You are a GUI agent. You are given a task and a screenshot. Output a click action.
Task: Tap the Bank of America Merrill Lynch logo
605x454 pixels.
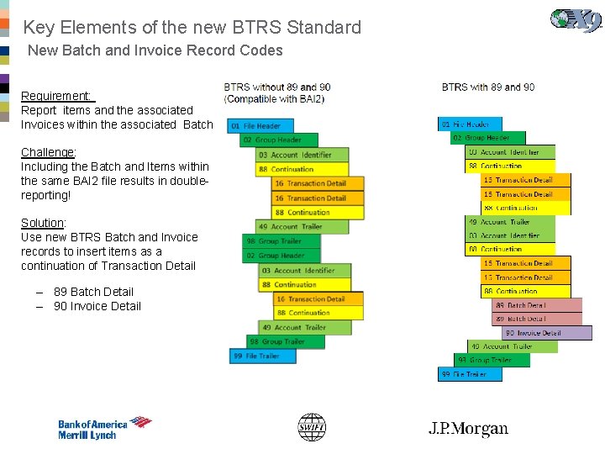[x=104, y=429]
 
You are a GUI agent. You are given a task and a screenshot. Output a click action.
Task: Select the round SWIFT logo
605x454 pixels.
[x=312, y=428]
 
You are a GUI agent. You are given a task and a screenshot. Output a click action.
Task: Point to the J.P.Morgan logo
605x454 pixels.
[x=468, y=429]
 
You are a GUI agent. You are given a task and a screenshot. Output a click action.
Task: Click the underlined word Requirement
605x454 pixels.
[x=56, y=96]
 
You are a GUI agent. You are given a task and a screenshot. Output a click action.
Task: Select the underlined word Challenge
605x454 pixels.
[x=48, y=152]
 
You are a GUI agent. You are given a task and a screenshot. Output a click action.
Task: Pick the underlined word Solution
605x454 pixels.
[x=43, y=223]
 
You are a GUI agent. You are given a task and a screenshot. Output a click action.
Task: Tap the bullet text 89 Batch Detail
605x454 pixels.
[x=93, y=292]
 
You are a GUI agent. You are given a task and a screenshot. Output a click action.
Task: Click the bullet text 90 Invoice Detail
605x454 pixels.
[x=97, y=306]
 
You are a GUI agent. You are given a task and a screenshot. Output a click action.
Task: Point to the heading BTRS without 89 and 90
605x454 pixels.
[x=277, y=87]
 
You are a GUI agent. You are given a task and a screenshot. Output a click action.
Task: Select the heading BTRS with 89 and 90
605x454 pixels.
[x=488, y=87]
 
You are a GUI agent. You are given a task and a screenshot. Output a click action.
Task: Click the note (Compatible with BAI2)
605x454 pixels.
[x=274, y=99]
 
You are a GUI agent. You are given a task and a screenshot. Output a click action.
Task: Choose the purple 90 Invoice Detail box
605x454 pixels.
[x=546, y=333]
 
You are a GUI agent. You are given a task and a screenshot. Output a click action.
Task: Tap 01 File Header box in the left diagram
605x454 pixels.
[x=261, y=126]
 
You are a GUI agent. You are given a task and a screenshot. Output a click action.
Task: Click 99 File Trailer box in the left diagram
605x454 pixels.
[x=263, y=356]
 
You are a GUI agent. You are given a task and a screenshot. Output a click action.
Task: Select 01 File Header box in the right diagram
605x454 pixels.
[x=470, y=124]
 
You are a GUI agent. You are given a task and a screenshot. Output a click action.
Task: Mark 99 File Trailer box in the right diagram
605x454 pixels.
[x=469, y=374]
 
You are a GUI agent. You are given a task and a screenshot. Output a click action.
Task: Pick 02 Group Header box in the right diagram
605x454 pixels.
[x=487, y=138]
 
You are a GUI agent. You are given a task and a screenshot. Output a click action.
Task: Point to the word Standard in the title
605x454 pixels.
[x=324, y=27]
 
